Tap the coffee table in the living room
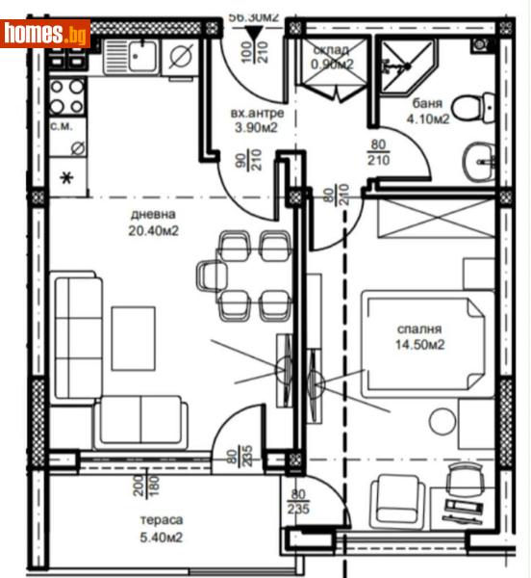click(x=133, y=338)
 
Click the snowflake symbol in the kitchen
click(x=66, y=177)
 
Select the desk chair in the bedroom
click(x=465, y=478)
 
